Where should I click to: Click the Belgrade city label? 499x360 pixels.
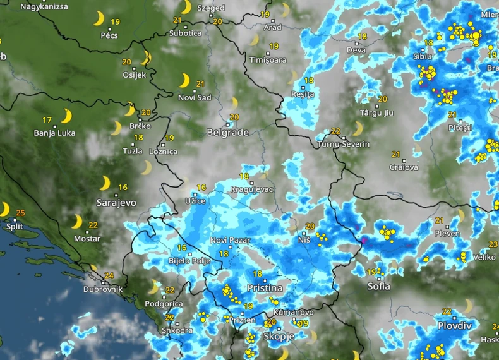click(x=227, y=133)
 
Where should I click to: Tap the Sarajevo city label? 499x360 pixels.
click(x=116, y=203)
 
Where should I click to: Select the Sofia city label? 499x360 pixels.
click(x=379, y=286)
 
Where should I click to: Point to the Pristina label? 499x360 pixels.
click(x=265, y=287)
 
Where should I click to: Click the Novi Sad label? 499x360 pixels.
click(x=195, y=97)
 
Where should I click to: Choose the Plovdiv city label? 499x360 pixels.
click(x=455, y=326)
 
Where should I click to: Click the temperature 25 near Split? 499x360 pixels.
click(x=20, y=213)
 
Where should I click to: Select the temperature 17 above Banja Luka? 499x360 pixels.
click(x=47, y=120)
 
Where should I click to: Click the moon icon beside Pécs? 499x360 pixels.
click(x=99, y=19)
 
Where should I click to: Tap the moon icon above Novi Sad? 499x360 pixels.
click(x=184, y=80)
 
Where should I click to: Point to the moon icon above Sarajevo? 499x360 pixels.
click(x=104, y=183)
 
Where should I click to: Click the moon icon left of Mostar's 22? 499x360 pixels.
click(x=76, y=222)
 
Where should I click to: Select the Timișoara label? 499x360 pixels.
click(x=268, y=60)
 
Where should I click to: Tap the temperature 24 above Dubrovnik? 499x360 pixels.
click(x=109, y=275)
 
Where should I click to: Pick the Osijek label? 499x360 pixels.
click(x=135, y=75)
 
